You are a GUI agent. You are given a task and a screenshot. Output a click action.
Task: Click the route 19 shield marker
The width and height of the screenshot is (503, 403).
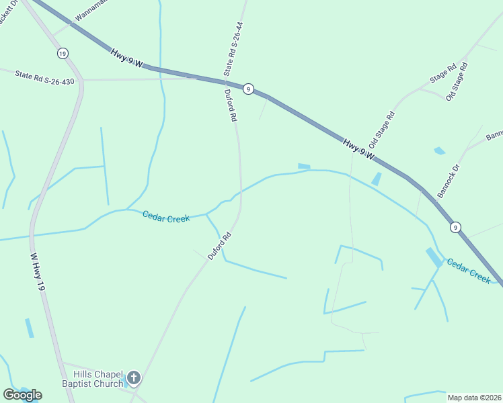63,53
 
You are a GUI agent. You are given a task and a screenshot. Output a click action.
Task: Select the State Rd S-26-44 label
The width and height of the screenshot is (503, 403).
233,48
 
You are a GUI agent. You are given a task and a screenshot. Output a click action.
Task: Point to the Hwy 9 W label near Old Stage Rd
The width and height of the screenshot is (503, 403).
358,151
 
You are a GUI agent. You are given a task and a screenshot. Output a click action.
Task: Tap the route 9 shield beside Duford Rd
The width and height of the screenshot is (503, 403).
248,89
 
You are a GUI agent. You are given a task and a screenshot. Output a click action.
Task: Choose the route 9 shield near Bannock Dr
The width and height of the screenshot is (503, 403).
455,227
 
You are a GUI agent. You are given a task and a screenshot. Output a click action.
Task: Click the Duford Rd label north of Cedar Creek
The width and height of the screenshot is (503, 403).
231,105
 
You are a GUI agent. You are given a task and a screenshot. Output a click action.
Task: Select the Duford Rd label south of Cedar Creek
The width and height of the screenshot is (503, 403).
219,246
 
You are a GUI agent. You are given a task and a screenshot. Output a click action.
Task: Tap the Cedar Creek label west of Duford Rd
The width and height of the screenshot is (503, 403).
165,216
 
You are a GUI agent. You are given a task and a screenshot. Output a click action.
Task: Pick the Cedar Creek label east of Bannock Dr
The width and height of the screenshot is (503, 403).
469,271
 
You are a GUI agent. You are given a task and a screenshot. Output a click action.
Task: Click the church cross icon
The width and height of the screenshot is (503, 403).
133,378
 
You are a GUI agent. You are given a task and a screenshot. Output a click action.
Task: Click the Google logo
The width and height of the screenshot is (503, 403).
22,394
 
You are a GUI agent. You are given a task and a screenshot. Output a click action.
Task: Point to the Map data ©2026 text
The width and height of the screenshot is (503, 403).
474,398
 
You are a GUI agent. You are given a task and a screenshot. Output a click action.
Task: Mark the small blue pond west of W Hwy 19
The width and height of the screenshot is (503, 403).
29,328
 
